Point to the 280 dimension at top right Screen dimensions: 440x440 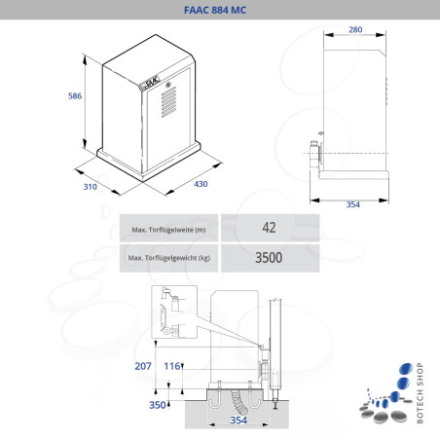tap(355, 29)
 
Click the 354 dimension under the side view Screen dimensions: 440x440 tap(353, 205)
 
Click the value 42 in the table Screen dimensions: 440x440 tap(269, 228)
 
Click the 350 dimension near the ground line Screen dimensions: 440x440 tap(155, 404)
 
